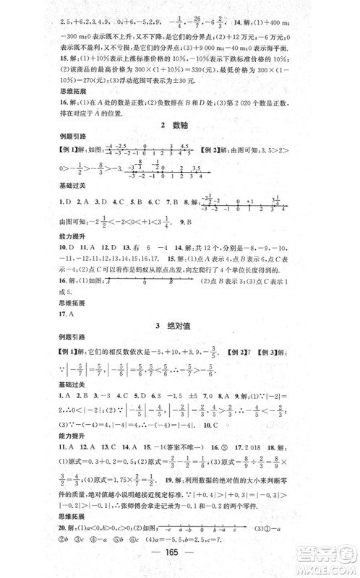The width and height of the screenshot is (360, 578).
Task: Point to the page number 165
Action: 179,564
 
